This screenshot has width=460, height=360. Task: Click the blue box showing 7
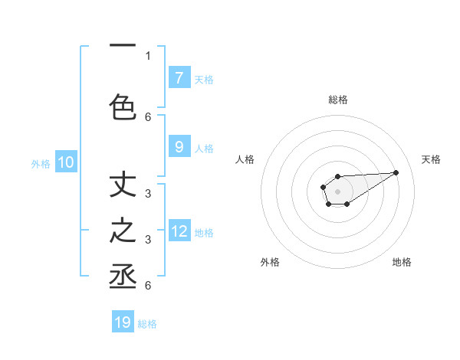click(179, 77)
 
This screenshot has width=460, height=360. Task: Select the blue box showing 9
click(179, 147)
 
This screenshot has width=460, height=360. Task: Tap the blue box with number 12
click(179, 231)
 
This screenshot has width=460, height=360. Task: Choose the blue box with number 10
click(66, 162)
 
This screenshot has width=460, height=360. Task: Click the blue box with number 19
click(123, 322)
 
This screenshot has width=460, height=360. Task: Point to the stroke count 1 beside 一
click(148, 55)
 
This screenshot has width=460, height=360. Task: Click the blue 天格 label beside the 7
click(204, 79)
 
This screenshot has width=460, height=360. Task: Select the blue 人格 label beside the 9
click(204, 149)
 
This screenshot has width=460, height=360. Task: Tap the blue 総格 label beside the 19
click(147, 324)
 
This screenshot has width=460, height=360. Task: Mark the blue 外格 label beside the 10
click(41, 163)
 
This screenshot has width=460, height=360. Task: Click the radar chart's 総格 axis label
click(337, 100)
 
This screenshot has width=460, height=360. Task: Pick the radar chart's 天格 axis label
click(432, 159)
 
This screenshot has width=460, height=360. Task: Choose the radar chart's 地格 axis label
click(402, 262)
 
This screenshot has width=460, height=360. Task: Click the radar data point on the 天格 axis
click(396, 172)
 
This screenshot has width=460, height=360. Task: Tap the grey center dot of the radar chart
click(337, 190)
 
